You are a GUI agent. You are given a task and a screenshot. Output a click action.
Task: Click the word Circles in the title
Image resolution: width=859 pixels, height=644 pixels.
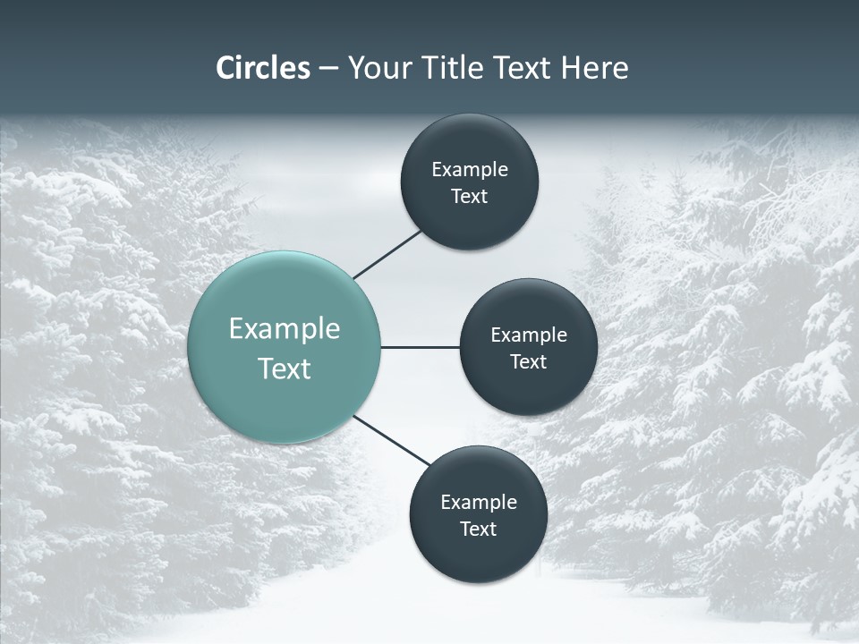coord(262,68)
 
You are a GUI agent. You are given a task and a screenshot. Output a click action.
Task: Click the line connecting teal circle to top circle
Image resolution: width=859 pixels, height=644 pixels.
coord(387,254)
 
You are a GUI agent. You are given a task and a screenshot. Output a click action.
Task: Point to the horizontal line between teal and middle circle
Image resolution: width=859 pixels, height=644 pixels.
coord(420,347)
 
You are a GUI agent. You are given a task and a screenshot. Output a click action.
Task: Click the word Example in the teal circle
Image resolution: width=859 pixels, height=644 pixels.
coord(285,329)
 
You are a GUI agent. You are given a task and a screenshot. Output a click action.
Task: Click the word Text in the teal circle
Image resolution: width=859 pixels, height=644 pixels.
coord(285,369)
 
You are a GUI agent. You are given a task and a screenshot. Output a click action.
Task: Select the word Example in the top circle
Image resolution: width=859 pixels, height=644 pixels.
coord(470,170)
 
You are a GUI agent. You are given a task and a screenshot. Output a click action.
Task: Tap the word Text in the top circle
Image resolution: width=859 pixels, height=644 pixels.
coord(469,197)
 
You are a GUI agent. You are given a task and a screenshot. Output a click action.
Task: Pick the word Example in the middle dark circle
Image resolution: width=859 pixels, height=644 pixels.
coord(529,335)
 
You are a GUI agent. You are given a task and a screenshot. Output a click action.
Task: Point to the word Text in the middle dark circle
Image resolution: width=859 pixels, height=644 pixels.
coord(528,362)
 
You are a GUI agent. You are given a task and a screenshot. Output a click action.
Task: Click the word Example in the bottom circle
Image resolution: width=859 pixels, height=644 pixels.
coord(479,503)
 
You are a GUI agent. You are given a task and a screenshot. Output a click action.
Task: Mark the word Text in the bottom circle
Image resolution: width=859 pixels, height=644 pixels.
coord(478,530)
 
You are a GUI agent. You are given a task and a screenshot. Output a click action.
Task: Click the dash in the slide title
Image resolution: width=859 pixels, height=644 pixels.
coord(328,69)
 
